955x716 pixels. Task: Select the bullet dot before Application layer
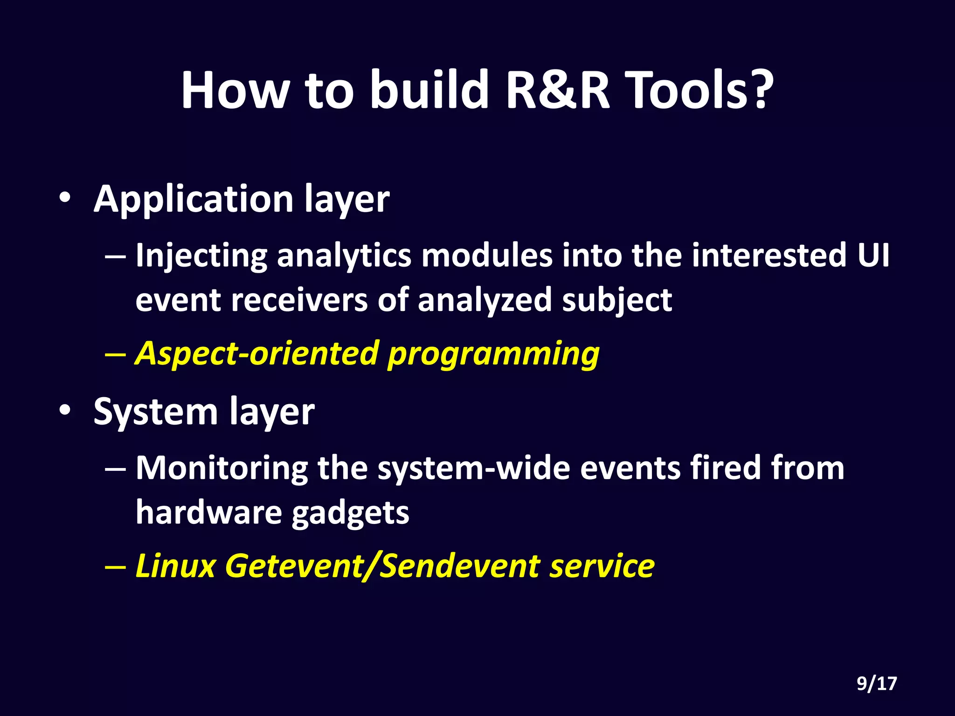[x=65, y=199]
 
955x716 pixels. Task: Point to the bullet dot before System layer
[x=65, y=411]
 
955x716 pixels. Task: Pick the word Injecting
[x=201, y=256]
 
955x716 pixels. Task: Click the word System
[x=155, y=413]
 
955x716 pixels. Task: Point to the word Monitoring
[x=221, y=468]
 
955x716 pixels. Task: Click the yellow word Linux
[x=175, y=566]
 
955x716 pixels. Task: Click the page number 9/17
[x=877, y=684]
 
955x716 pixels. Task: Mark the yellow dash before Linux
[x=115, y=567]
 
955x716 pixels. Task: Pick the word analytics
[x=344, y=256]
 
